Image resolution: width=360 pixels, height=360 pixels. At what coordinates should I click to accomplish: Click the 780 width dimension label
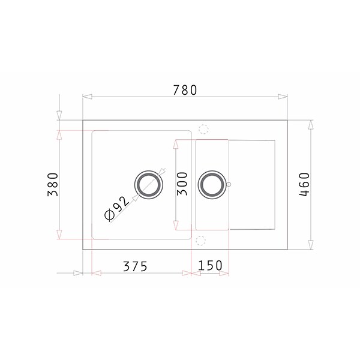click(185, 90)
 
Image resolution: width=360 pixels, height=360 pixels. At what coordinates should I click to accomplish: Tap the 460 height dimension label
click(304, 184)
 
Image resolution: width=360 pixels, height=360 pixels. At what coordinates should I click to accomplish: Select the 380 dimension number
click(53, 184)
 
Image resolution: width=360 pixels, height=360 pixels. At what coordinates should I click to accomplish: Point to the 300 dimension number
click(182, 184)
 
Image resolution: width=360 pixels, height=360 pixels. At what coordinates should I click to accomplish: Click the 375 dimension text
click(135, 266)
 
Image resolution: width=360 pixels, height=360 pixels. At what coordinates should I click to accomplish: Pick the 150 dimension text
click(210, 265)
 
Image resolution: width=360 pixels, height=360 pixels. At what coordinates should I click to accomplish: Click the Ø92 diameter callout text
click(116, 209)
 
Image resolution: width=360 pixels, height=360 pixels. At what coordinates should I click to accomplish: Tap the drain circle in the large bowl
click(149, 185)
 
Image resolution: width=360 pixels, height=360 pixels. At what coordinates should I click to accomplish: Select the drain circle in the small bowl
click(212, 184)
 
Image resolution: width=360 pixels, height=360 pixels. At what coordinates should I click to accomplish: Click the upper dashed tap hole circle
click(203, 129)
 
